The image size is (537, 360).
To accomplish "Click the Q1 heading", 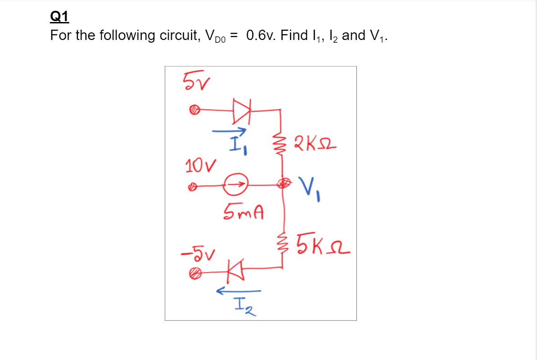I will pos(59,17).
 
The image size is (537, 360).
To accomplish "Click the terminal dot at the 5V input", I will pos(193,109).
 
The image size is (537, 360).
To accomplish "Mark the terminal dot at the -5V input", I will pos(194,272).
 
